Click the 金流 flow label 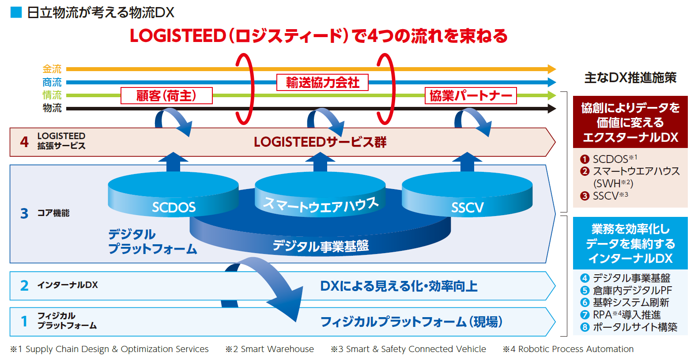pyautogui.click(x=52, y=69)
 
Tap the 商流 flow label pyautogui.click(x=52, y=82)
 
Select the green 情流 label pyautogui.click(x=52, y=95)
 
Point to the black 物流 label pyautogui.click(x=52, y=108)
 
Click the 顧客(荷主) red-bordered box pyautogui.click(x=166, y=95)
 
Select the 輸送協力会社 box pyautogui.click(x=322, y=83)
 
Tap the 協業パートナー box pyautogui.click(x=471, y=95)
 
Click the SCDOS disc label pyautogui.click(x=174, y=207)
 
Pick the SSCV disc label pyautogui.click(x=467, y=207)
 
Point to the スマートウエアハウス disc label pyautogui.click(x=321, y=205)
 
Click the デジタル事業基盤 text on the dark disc pyautogui.click(x=321, y=246)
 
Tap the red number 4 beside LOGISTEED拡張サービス pyautogui.click(x=24, y=142)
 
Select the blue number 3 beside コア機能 pyautogui.click(x=24, y=213)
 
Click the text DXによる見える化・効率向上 pyautogui.click(x=399, y=286)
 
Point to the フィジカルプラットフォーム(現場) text pyautogui.click(x=411, y=322)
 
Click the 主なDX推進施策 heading pyautogui.click(x=630, y=78)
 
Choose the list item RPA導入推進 pyautogui.click(x=626, y=315)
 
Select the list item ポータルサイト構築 pyautogui.click(x=634, y=327)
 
